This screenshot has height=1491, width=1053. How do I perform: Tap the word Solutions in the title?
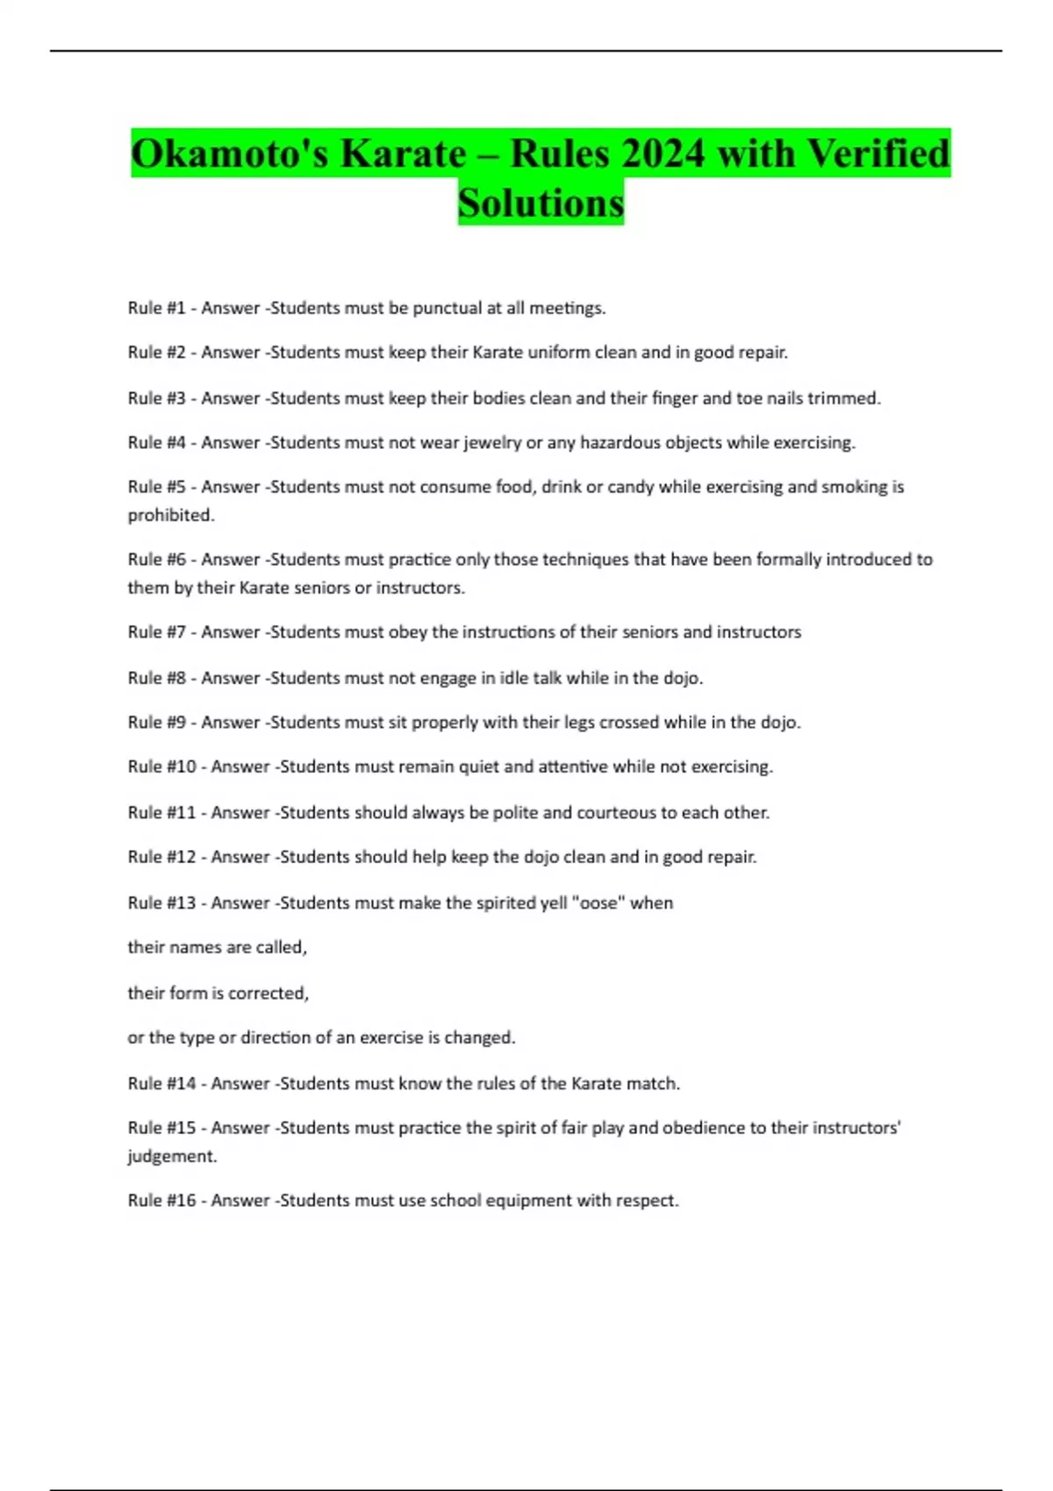click(x=541, y=203)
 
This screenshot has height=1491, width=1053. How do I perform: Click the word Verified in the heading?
click(x=877, y=154)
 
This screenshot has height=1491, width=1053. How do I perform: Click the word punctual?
click(x=448, y=308)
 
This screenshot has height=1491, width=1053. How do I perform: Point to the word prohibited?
click(x=171, y=516)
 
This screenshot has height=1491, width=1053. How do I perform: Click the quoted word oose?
click(x=599, y=903)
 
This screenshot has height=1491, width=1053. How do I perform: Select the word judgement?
click(x=172, y=1157)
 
